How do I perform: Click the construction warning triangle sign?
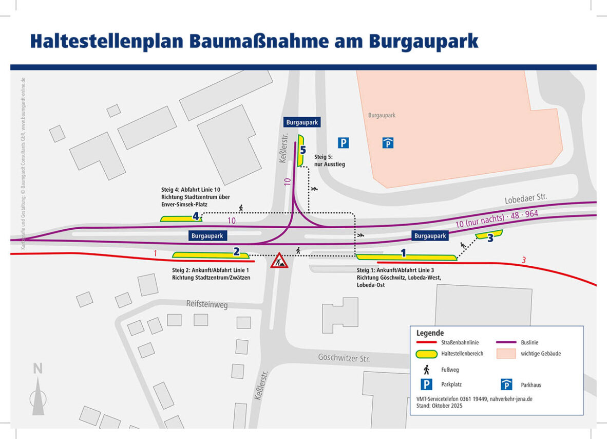pos(279,261)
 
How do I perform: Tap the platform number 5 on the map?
pos(303,150)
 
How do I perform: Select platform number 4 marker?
pos(196,216)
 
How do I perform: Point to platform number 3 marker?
pos(490,237)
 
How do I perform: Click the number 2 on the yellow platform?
pos(236,251)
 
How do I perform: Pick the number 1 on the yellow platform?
pos(403,253)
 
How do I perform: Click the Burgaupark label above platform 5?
pos(302,122)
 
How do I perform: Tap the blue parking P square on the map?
pos(343,143)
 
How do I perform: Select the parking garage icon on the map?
pos(388,143)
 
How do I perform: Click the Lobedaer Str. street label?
pos(526,198)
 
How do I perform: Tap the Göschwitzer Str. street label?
pos(344,358)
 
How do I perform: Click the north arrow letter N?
pos(37,369)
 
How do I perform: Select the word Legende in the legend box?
pos(430,333)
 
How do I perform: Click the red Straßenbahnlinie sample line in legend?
pos(426,342)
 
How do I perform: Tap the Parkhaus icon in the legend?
pos(506,385)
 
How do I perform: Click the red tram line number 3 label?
pos(523,260)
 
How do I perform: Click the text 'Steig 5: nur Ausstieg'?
pos(329,160)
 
